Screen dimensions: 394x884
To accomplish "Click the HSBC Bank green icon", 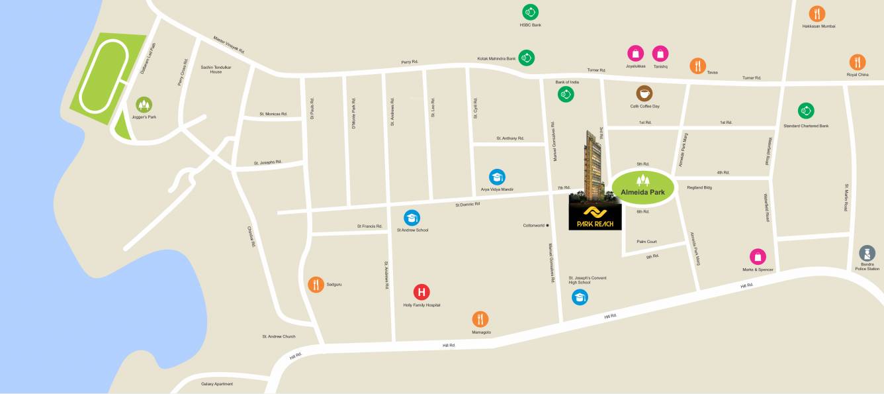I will point(530,12).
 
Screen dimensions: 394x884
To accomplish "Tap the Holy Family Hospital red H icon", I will point(421,291).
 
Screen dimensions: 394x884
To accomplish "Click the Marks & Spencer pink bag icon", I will point(758,256).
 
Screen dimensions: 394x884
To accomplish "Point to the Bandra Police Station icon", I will point(867,253).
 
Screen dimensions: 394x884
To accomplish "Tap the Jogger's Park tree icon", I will point(144,104).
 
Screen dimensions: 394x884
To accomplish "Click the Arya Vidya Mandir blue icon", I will point(497,177).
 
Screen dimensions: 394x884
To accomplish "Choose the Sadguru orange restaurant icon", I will point(316,284).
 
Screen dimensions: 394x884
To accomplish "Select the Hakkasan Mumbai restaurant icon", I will point(817,13).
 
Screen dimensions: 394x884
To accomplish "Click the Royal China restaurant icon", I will point(857,62).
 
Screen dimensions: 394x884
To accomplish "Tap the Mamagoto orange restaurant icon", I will point(480,319).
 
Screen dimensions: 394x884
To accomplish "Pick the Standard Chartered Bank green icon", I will point(805,111).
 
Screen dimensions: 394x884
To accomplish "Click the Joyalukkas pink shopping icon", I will point(635,54).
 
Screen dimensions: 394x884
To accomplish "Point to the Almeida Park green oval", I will point(642,188).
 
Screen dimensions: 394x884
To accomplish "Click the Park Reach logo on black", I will point(595,216).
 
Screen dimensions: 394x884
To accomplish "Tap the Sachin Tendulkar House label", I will point(216,70).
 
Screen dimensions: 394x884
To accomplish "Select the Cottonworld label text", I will point(533,225).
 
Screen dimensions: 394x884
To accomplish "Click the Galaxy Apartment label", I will point(217,383).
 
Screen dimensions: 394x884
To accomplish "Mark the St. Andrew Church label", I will point(279,336).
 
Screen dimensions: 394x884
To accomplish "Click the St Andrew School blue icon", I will point(412,218).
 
